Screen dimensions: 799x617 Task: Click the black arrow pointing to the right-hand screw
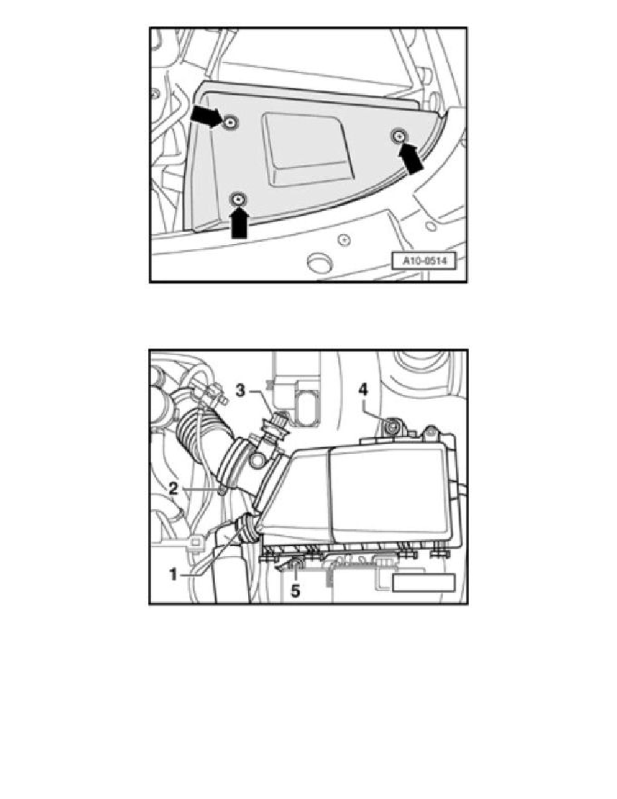[413, 160]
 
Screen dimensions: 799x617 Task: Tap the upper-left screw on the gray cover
[231, 123]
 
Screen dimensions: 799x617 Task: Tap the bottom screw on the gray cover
[237, 199]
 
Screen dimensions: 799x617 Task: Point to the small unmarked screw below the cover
[343, 238]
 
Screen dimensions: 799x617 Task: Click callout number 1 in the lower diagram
[173, 574]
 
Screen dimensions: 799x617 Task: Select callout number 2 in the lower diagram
[173, 489]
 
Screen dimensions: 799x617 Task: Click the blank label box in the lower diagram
[424, 582]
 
